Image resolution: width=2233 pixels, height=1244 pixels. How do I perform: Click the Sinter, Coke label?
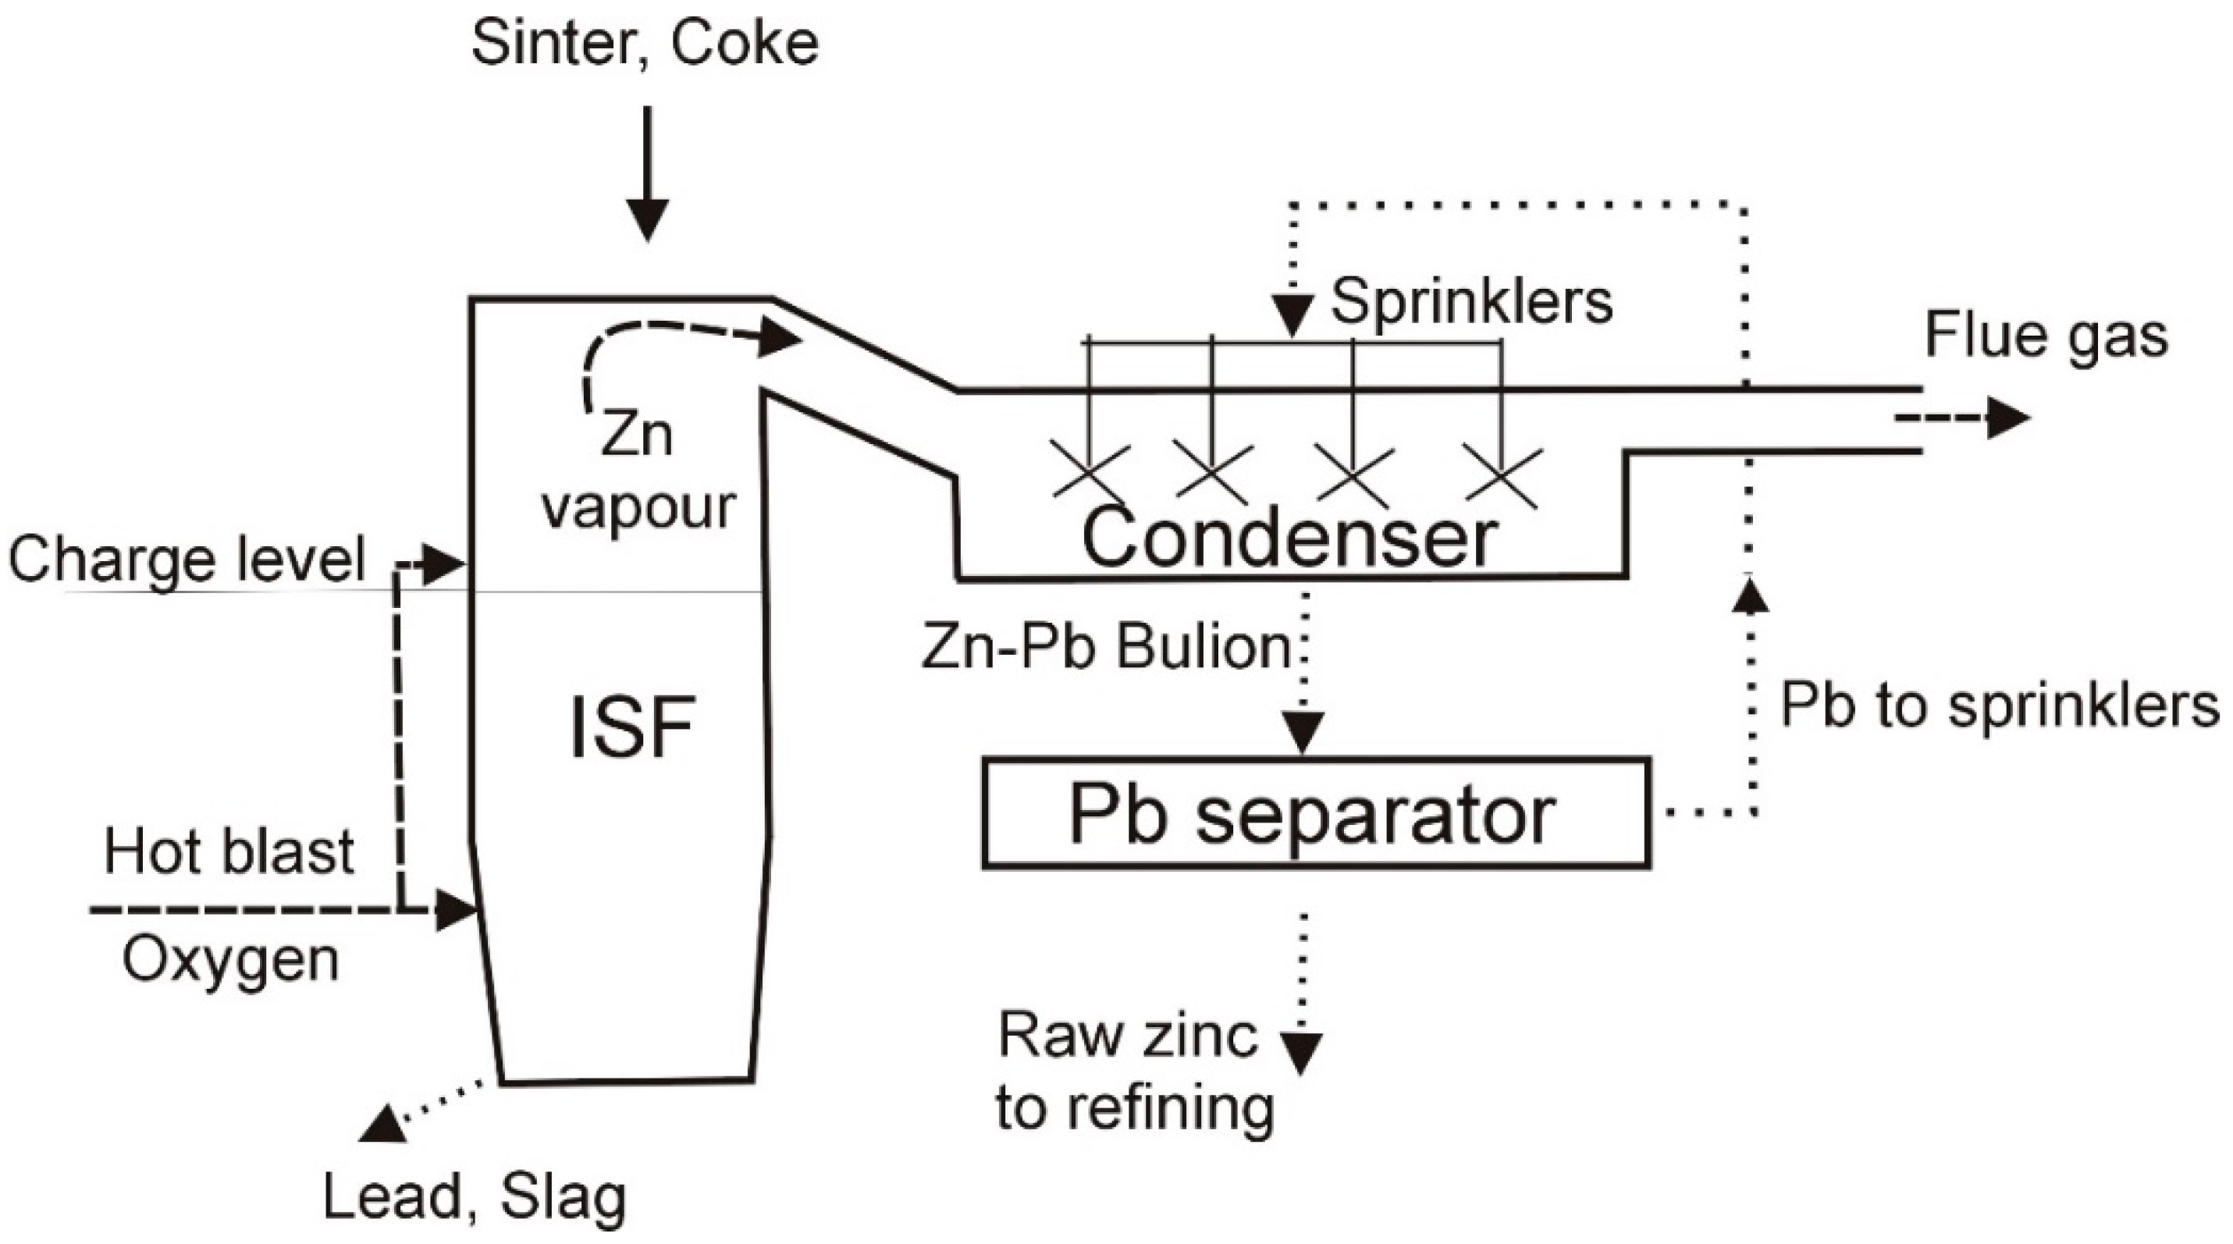[645, 46]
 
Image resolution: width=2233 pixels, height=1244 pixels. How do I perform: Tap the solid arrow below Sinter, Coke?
[648, 173]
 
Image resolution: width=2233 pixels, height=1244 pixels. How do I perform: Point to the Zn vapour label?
[639, 472]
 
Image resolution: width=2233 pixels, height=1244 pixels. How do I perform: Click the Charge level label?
[187, 559]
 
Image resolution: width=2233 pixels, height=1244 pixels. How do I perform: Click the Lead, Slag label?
[475, 1197]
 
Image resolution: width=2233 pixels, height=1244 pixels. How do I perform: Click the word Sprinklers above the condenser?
[1472, 302]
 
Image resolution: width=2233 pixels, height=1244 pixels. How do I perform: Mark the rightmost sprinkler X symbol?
[1502, 474]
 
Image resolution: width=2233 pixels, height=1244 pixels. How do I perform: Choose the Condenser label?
[1290, 538]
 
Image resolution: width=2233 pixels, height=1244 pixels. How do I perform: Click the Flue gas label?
[2046, 336]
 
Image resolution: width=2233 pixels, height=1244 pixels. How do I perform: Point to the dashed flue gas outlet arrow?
[1961, 418]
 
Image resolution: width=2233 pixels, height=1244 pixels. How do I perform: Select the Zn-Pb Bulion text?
[1107, 647]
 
